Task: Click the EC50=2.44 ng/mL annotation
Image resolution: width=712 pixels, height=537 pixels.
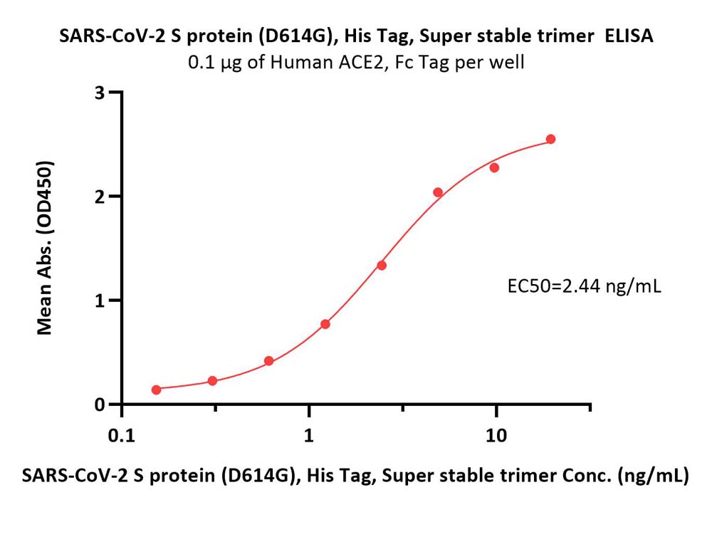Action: (584, 286)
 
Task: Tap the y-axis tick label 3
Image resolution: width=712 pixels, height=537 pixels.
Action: (100, 93)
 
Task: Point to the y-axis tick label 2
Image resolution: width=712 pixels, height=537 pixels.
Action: (100, 197)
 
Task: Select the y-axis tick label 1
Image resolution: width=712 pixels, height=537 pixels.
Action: (100, 301)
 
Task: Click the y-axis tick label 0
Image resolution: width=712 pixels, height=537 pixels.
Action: (100, 405)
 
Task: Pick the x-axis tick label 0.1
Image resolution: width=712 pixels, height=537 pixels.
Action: (122, 436)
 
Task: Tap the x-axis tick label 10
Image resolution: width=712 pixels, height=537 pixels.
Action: (496, 436)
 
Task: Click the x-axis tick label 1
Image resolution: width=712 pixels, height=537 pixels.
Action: (309, 436)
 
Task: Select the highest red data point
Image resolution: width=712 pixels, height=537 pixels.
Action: (550, 139)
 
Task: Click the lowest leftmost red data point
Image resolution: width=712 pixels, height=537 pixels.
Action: (156, 390)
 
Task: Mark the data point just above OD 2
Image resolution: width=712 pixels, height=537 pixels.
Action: (438, 192)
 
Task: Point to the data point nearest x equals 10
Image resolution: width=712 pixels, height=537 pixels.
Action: (495, 167)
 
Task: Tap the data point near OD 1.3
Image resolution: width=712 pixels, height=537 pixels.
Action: (382, 265)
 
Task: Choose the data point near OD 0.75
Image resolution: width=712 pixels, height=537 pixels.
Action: (325, 324)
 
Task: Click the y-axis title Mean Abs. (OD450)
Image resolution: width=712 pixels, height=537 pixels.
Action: (45, 248)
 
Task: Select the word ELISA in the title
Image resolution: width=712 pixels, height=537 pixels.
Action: (629, 36)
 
